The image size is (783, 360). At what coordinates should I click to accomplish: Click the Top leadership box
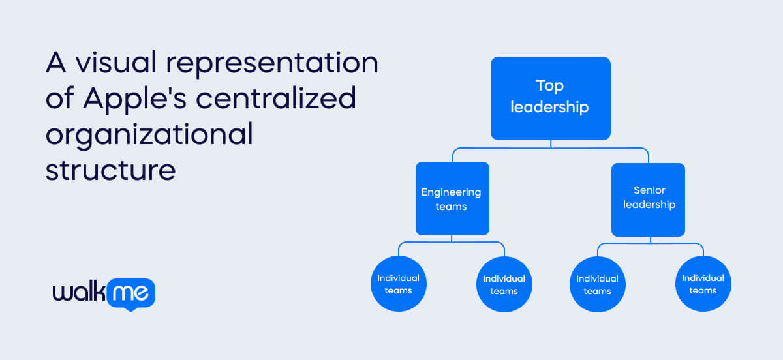[550, 98]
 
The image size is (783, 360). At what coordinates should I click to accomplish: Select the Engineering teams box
[452, 198]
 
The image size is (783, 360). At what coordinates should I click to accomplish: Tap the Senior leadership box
[648, 198]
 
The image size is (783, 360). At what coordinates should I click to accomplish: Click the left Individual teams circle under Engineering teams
[398, 284]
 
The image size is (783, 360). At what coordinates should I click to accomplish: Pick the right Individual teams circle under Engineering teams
[504, 284]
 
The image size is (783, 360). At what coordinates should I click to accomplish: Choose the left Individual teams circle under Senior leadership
[597, 284]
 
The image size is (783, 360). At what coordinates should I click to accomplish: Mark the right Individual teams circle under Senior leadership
[703, 284]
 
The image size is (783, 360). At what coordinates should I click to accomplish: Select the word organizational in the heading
[149, 134]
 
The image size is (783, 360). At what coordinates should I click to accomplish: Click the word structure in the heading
[110, 169]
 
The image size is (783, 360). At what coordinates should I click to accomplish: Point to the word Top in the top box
[549, 85]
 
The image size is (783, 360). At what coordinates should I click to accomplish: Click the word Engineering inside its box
[451, 192]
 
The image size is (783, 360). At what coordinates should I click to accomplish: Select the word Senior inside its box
[649, 190]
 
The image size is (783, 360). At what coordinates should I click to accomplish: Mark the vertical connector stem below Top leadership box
[551, 143]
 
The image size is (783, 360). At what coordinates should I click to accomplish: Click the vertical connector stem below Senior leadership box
[651, 239]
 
